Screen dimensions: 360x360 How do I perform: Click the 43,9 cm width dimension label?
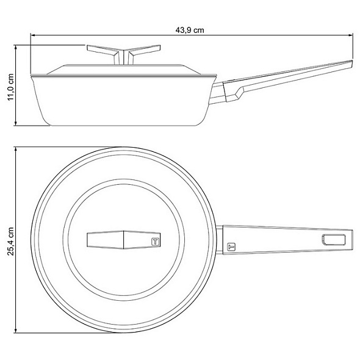(x=190, y=30)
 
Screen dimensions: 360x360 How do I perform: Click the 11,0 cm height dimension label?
(x=11, y=87)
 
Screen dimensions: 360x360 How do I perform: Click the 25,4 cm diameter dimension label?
(x=11, y=241)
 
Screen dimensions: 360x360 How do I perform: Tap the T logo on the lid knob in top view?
(x=155, y=242)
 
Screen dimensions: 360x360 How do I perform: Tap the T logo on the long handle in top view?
(x=231, y=247)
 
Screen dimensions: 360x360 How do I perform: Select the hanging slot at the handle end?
(x=334, y=239)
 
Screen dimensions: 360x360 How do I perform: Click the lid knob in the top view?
(x=123, y=240)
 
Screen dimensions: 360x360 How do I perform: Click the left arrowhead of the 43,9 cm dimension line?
(x=32, y=35)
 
